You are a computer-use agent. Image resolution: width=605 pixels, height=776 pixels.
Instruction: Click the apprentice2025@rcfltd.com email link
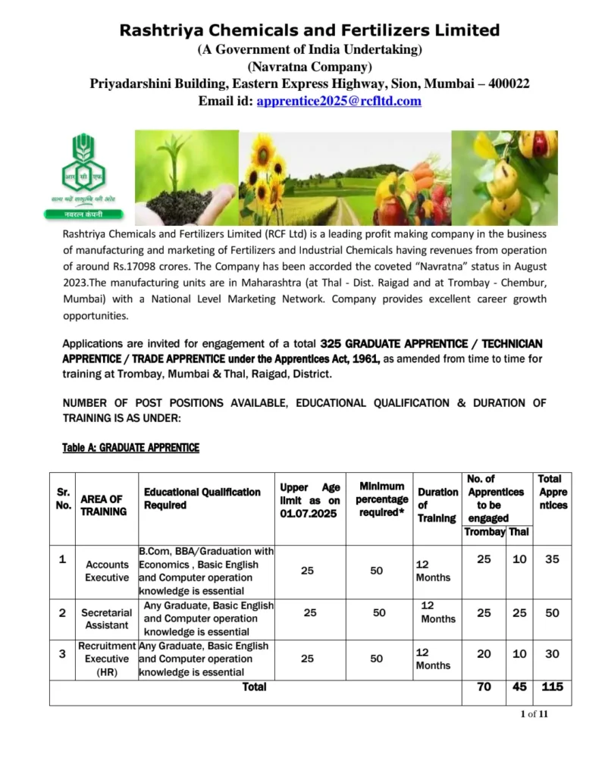click(339, 101)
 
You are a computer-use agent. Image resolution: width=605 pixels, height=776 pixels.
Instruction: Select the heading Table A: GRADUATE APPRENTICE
click(130, 448)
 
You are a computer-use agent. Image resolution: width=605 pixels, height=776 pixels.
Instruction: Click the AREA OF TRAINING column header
click(102, 505)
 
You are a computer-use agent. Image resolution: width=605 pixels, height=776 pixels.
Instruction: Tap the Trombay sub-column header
click(484, 532)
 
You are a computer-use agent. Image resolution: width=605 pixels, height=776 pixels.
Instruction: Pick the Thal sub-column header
click(519, 532)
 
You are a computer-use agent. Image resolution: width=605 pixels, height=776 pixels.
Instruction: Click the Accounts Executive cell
click(107, 571)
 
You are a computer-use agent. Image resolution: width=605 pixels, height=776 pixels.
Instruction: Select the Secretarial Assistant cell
click(107, 619)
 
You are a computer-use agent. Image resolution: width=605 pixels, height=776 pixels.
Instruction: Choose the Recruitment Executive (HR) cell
click(107, 659)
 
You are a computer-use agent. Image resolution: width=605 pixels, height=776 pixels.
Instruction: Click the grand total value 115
click(553, 687)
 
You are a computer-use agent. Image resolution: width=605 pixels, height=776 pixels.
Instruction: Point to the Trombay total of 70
click(484, 687)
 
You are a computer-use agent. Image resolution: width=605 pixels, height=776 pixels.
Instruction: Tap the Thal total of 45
click(519, 687)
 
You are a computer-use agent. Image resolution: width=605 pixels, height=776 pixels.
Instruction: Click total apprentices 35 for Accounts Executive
click(553, 559)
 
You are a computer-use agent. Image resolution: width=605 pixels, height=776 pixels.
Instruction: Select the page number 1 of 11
click(534, 714)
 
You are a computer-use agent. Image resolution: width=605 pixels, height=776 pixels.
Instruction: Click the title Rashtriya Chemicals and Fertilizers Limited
click(309, 30)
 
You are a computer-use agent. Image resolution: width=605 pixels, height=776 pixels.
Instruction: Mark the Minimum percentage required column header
click(381, 499)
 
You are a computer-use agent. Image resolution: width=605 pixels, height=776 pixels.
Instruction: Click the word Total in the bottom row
click(254, 687)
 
